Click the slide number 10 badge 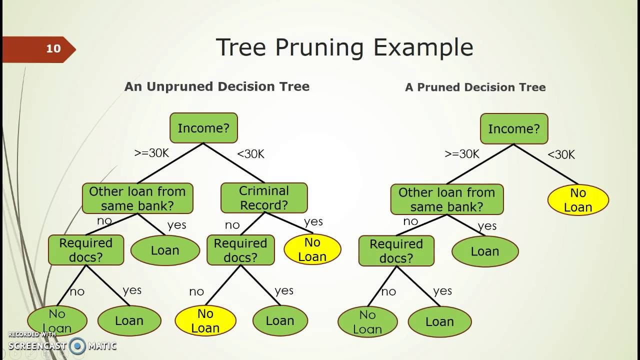(x=53, y=49)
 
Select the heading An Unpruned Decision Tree (x=217, y=86)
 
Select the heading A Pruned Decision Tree (x=475, y=87)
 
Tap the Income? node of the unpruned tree (x=203, y=128)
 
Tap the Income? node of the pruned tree (x=514, y=129)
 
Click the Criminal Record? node (x=264, y=198)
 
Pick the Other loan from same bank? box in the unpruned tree (x=137, y=198)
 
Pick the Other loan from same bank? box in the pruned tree (x=446, y=199)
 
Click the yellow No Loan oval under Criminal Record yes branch (x=312, y=249)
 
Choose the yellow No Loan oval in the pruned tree (x=577, y=200)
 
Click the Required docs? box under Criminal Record (x=240, y=250)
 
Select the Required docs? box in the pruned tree (x=396, y=251)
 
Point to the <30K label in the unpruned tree (x=250, y=154)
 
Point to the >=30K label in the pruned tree (x=461, y=154)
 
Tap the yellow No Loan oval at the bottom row (x=205, y=320)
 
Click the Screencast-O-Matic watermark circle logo (x=77, y=345)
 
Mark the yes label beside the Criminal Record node (x=313, y=221)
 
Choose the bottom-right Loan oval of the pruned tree (x=439, y=321)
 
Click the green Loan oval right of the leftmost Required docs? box (x=165, y=250)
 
